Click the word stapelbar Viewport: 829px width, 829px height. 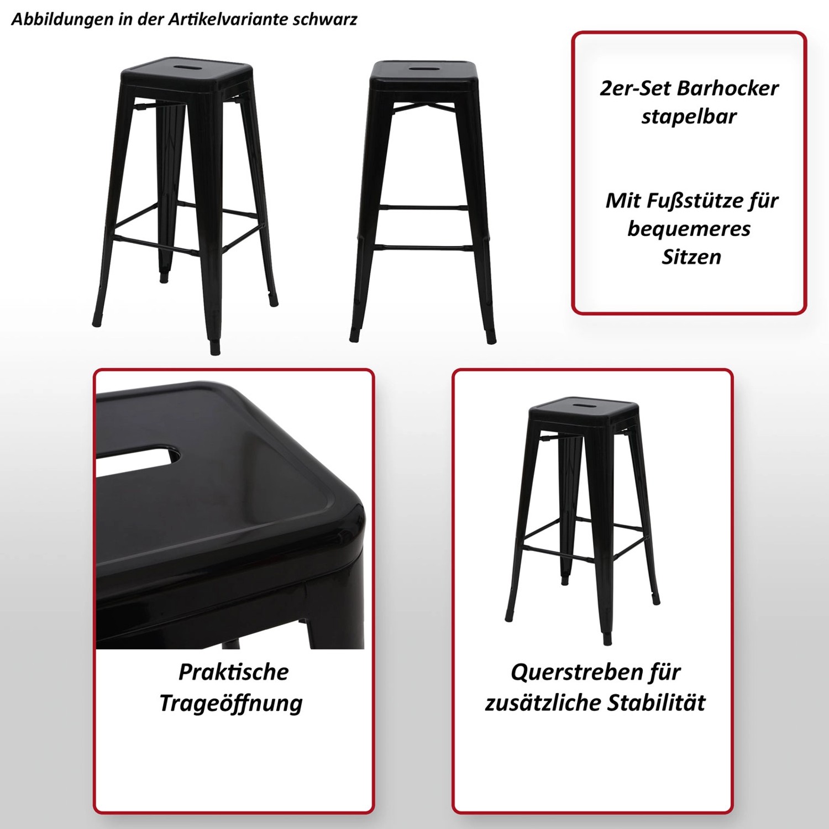point(689,117)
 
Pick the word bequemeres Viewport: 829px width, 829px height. point(689,228)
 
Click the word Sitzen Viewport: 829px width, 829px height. point(691,257)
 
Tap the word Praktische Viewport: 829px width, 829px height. point(233,672)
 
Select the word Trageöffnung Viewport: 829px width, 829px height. point(231,703)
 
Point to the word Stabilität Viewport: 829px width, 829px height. point(656,702)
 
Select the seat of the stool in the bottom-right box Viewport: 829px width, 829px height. point(583,409)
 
